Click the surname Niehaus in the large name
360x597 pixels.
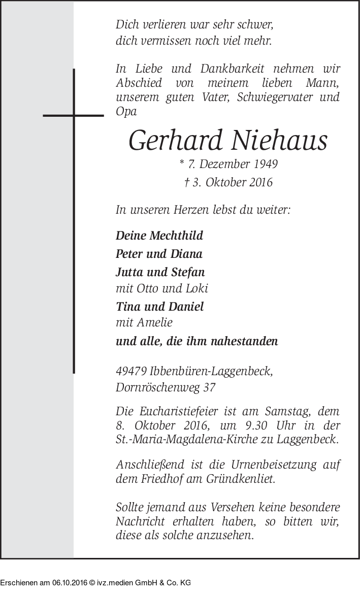pyautogui.click(x=279, y=141)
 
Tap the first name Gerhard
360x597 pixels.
pyautogui.click(x=175, y=141)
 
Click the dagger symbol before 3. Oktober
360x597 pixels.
pyautogui.click(x=187, y=182)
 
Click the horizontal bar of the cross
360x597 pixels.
pyautogui.click(x=74, y=116)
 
